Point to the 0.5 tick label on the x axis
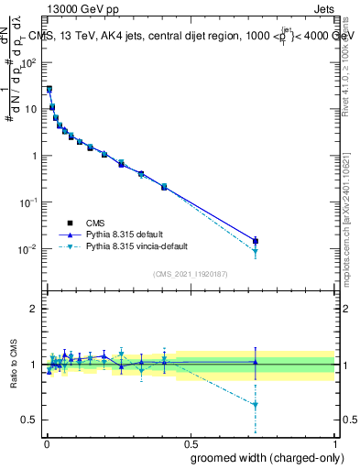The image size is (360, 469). coord(190,443)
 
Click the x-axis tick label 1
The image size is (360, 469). coord(334,443)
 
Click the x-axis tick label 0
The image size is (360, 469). coord(46,443)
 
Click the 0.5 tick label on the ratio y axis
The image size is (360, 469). coord(29,420)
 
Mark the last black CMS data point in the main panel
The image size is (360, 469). coord(256,241)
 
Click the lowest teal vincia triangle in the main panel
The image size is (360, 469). coord(256,252)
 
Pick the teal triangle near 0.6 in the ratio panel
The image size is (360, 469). coord(256,405)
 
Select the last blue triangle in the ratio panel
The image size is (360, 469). coord(256,362)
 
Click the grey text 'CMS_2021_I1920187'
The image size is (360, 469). coord(190,273)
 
